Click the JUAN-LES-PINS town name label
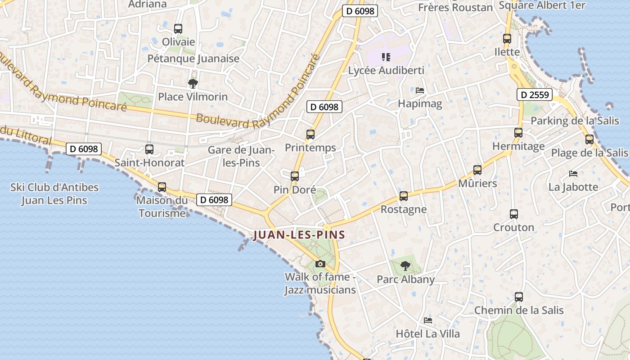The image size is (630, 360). click(299, 234)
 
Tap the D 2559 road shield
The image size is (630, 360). click(534, 94)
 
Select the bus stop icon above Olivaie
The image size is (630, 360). click(178, 29)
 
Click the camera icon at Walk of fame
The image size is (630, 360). click(320, 264)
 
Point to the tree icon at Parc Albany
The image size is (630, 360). click(405, 266)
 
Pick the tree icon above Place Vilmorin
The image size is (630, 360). click(193, 83)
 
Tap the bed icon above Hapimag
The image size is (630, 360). click(420, 90)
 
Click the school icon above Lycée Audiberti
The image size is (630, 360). click(386, 57)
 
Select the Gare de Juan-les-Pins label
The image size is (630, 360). click(241, 156)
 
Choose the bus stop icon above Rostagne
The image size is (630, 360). click(404, 196)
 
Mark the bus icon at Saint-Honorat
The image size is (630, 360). click(149, 149)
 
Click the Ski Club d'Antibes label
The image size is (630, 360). click(54, 193)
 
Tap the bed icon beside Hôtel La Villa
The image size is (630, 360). click(428, 320)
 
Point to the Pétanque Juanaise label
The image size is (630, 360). click(193, 58)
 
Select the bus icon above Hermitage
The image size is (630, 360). click(518, 133)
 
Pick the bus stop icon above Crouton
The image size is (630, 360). click(514, 214)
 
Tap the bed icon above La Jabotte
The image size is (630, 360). click(573, 173)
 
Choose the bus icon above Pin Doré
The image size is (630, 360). click(295, 176)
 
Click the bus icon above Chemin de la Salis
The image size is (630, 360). click(519, 297)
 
